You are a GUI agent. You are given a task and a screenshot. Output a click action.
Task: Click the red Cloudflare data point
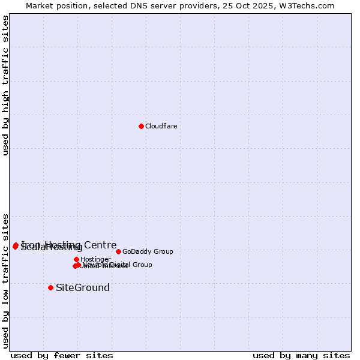[x=141, y=126]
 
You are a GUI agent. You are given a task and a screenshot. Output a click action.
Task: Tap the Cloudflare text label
[x=161, y=126]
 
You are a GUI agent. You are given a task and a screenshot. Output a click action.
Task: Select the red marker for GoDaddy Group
[x=118, y=251]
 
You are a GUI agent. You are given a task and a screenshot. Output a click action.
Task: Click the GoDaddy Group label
[x=148, y=251]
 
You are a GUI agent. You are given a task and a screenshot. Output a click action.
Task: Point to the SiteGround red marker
[x=50, y=287]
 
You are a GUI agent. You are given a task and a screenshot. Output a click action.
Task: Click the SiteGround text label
[x=83, y=287]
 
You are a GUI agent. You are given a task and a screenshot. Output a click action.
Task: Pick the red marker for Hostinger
[x=76, y=259]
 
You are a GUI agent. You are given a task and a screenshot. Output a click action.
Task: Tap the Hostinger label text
[x=96, y=259]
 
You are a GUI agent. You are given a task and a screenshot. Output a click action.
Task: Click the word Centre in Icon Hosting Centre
[x=100, y=245]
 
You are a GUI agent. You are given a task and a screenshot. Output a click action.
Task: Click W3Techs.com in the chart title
[x=309, y=5]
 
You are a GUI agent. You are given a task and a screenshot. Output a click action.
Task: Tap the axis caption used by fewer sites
[x=62, y=355]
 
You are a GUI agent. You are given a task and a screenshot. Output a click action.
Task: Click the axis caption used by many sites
[x=301, y=355]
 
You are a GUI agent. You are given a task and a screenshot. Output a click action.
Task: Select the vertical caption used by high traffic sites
[x=6, y=85]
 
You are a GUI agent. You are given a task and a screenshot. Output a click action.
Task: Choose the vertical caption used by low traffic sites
[x=6, y=280]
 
